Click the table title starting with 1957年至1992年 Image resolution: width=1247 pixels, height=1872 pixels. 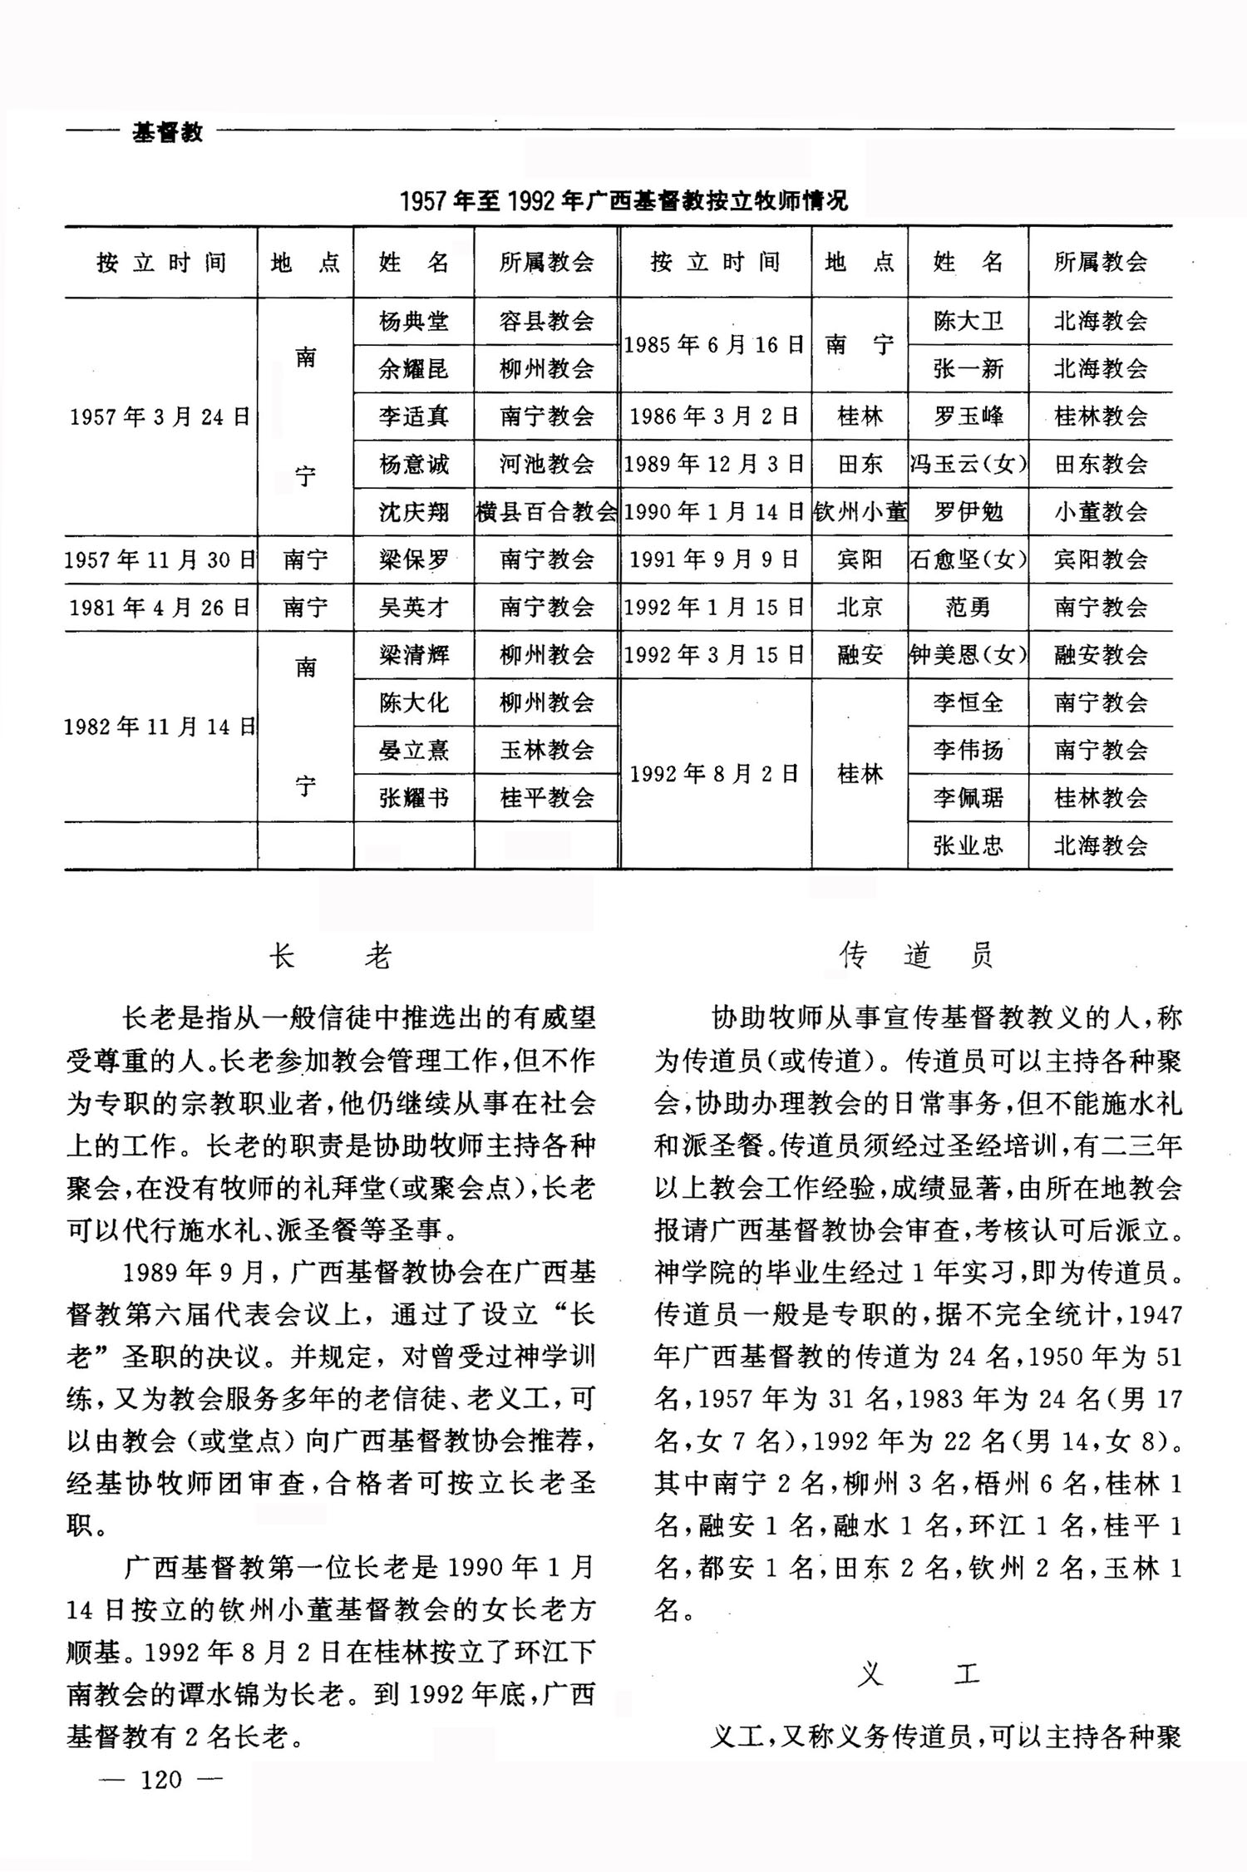(623, 200)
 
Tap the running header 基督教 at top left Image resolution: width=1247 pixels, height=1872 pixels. (167, 132)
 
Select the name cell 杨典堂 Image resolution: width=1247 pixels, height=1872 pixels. (414, 321)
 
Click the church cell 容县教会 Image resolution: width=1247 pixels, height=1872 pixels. (546, 321)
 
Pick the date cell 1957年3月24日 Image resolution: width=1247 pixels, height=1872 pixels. (160, 416)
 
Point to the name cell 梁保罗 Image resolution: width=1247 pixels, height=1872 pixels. (414, 559)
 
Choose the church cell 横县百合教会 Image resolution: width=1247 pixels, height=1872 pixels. (546, 512)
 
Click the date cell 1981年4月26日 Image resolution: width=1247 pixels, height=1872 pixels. (160, 608)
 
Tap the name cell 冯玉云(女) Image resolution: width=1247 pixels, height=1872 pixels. (968, 464)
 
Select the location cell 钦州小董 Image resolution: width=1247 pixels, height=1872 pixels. (860, 512)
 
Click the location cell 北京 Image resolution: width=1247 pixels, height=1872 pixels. (860, 608)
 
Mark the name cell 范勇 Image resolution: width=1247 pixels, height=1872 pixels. (968, 608)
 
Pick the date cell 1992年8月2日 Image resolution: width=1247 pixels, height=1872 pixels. (715, 775)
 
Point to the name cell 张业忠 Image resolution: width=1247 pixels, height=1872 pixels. (968, 846)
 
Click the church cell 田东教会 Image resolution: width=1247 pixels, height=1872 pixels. (1101, 464)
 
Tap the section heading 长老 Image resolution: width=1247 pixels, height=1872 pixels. (330, 957)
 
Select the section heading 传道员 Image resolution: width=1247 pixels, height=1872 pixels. (916, 957)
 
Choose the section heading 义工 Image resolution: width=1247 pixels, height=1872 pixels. (918, 1673)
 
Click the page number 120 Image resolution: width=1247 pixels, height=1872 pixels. (161, 1780)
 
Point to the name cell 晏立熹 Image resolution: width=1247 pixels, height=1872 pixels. (414, 751)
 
